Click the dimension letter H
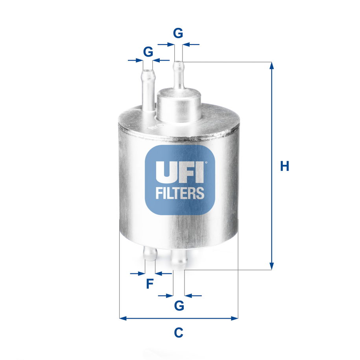click(x=284, y=166)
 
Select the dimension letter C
click(x=179, y=332)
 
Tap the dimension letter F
click(x=150, y=284)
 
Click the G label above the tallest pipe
click(x=178, y=33)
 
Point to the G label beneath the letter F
click(x=179, y=305)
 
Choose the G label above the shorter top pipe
click(x=148, y=51)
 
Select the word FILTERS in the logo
click(x=180, y=193)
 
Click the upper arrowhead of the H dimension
click(x=271, y=65)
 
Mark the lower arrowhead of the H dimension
click(x=271, y=266)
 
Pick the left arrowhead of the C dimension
click(x=122, y=318)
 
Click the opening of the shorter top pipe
click(x=148, y=71)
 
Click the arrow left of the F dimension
click(x=138, y=273)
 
